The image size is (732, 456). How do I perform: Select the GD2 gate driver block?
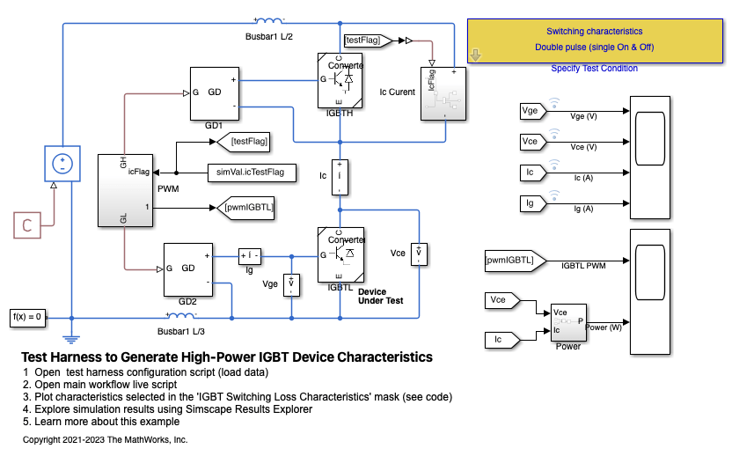coord(188,268)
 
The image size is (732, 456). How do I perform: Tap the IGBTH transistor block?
coord(340,79)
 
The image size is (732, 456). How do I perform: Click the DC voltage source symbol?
coord(62,165)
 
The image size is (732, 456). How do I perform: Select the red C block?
coord(27,225)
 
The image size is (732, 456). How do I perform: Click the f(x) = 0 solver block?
coord(27,317)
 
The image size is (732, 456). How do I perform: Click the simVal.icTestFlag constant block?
coord(251,172)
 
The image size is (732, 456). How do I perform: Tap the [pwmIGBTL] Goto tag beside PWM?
coord(249,208)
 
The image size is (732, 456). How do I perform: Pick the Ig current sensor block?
coord(251,256)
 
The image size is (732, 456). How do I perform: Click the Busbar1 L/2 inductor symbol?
coord(267,21)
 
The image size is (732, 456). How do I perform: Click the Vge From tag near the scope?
coord(531,111)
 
